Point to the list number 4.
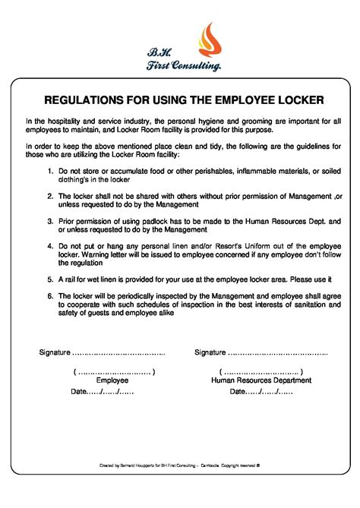pos(49,246)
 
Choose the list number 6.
pos(49,295)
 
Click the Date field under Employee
pos(103,392)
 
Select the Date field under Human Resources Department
pos(261,392)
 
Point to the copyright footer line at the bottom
pos(180,463)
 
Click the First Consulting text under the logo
pos(184,68)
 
